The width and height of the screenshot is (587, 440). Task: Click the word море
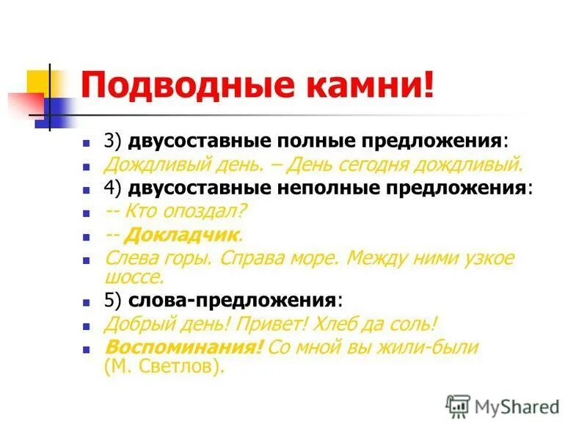(313, 259)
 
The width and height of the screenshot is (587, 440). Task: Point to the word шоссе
(133, 277)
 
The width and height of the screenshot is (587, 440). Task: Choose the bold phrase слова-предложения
(232, 301)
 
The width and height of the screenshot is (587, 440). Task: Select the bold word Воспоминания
(183, 348)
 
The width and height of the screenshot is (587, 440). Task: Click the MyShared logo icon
(458, 406)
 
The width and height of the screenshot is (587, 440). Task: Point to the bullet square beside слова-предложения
(86, 302)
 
